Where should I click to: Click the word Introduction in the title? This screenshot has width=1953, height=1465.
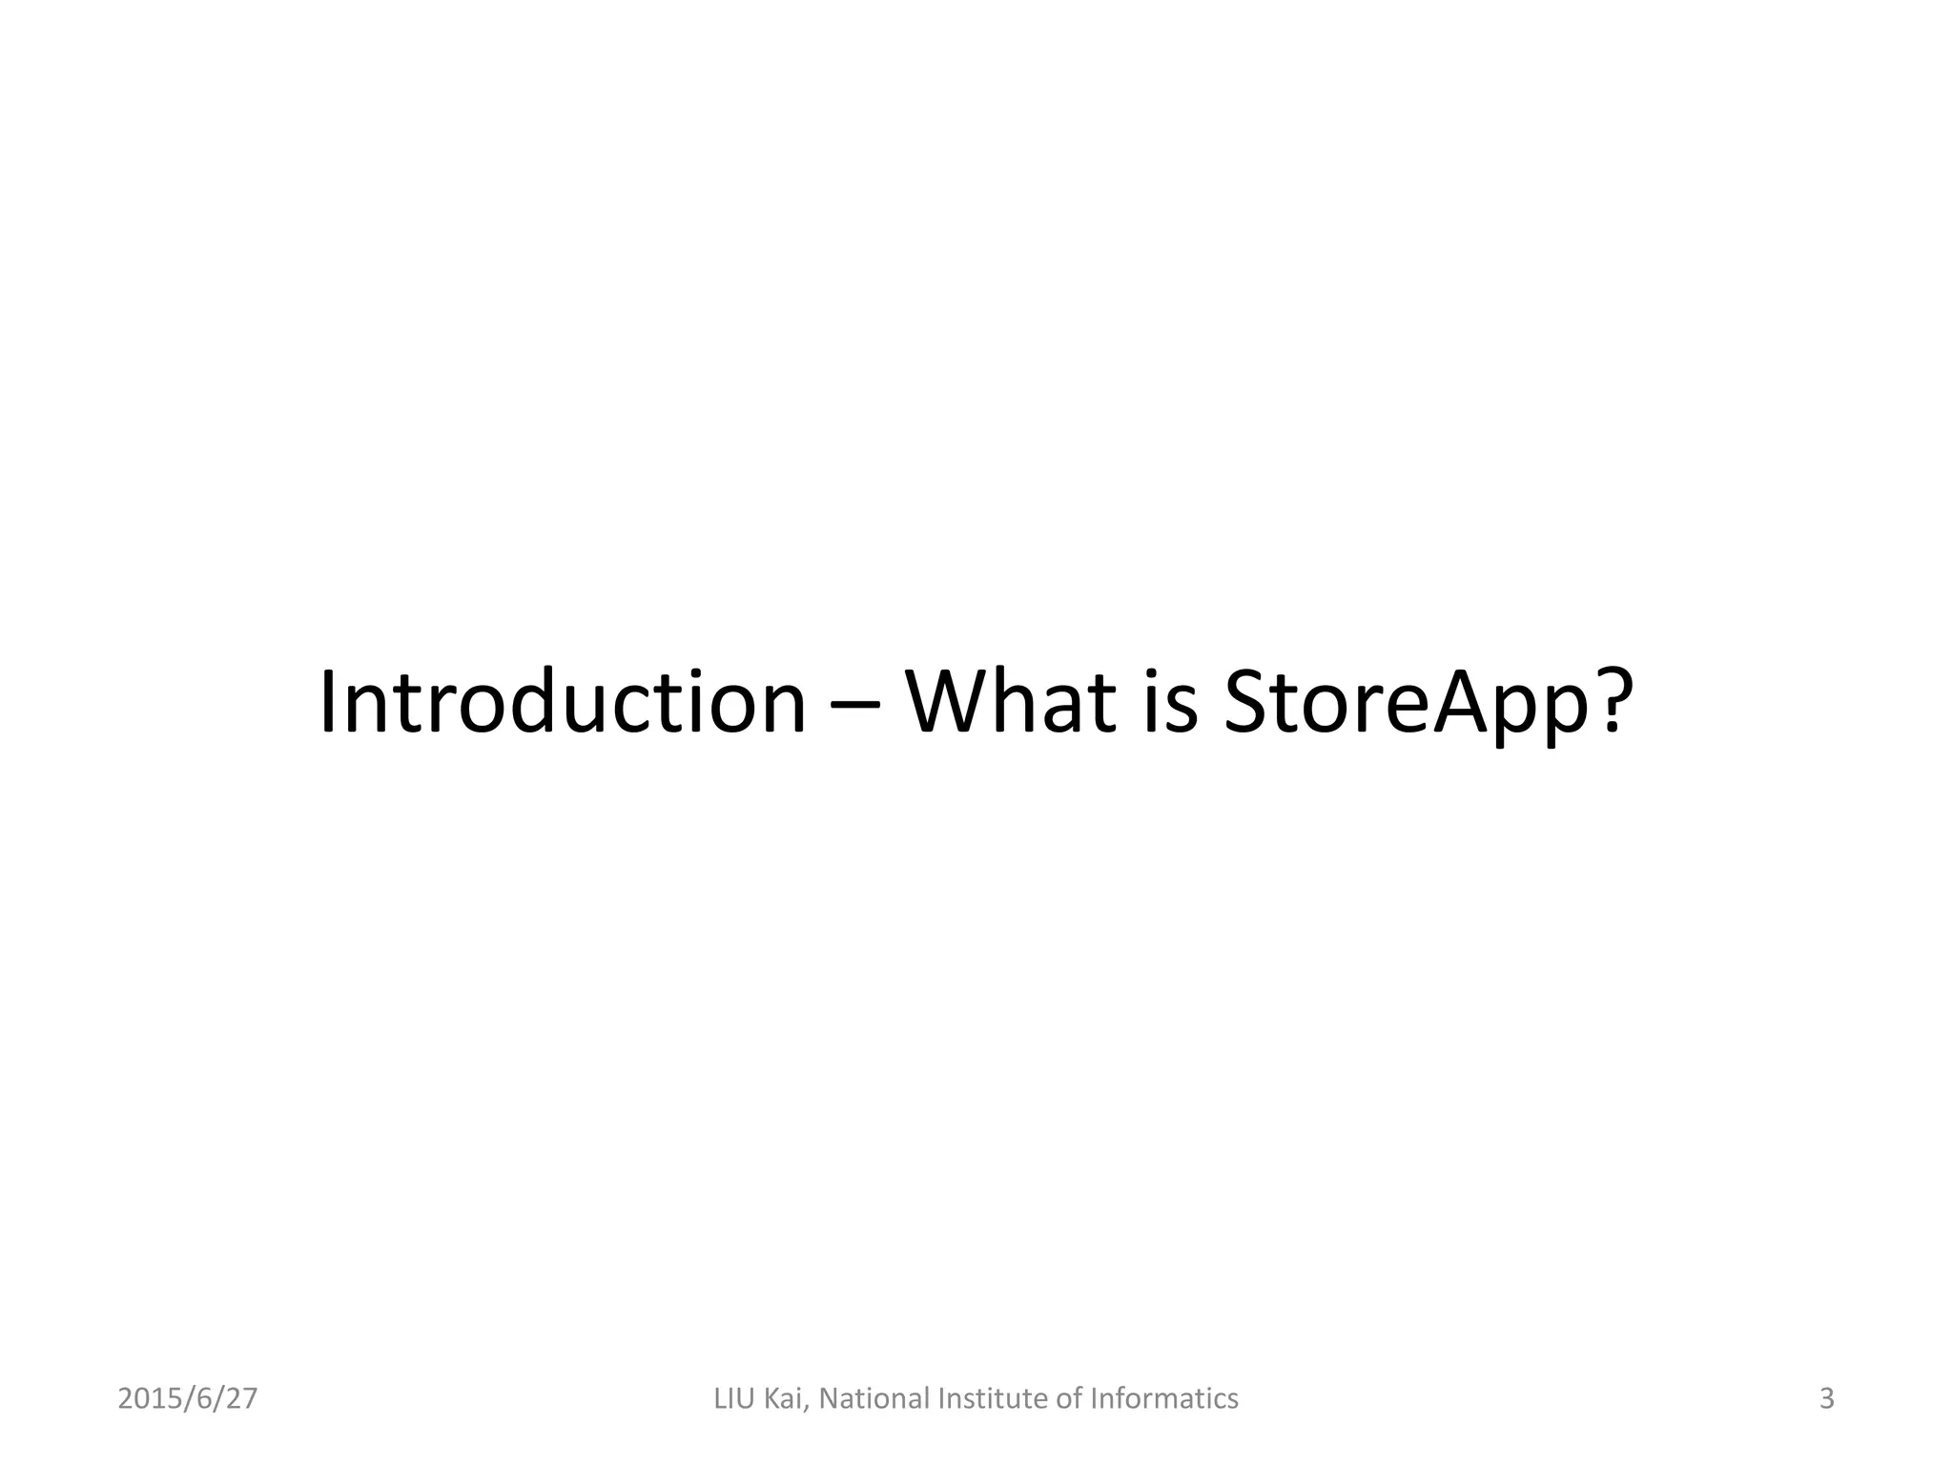pos(563,704)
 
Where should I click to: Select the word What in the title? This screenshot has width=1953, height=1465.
pos(1010,704)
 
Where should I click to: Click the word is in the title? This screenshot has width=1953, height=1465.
pos(1169,704)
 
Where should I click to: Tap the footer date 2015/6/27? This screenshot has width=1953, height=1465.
pos(188,1399)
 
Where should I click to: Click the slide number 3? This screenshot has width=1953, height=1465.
pos(1826,1399)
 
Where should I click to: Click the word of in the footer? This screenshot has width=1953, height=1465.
pos(1071,1399)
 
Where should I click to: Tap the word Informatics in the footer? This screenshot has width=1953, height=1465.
pos(1163,1399)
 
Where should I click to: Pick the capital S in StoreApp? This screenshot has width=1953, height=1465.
pos(1248,704)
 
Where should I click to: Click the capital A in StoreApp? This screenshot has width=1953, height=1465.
pos(1464,704)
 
